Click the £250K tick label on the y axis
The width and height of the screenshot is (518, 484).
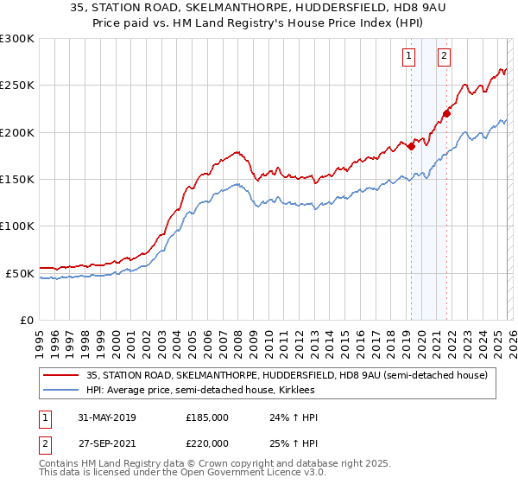coord(16,86)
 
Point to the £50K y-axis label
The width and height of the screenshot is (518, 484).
coord(19,273)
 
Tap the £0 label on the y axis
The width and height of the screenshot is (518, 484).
coord(26,320)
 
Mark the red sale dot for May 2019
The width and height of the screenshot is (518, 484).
coord(412,146)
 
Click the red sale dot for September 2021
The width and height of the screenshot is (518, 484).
coord(447,113)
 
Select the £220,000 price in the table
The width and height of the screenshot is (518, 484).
coord(208,442)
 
